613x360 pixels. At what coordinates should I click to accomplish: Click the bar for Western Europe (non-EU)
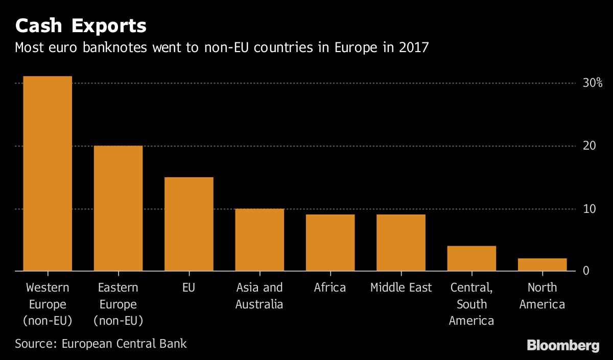point(47,174)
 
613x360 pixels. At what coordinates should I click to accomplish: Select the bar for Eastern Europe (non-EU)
point(118,208)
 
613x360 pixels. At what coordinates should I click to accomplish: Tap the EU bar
point(188,224)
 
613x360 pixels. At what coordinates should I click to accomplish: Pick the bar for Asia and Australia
point(259,239)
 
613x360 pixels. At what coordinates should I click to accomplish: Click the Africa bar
point(330,243)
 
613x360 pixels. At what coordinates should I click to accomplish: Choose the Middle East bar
point(400,243)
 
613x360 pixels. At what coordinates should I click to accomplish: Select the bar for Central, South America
point(471,258)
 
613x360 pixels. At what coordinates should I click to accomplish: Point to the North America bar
point(542,265)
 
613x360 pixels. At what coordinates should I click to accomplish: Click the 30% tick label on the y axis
point(593,83)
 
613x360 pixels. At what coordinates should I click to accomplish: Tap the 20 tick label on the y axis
point(590,146)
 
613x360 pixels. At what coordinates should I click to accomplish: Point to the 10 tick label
point(590,209)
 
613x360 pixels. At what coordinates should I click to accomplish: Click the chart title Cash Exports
point(81,26)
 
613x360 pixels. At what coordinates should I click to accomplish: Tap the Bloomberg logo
point(563,346)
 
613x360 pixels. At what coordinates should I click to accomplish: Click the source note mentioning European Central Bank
point(101,343)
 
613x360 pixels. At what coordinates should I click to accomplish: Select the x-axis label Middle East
point(400,287)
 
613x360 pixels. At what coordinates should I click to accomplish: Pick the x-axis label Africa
point(330,287)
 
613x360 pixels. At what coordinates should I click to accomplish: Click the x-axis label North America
point(542,296)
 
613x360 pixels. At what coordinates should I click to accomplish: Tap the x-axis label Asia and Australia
point(259,296)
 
